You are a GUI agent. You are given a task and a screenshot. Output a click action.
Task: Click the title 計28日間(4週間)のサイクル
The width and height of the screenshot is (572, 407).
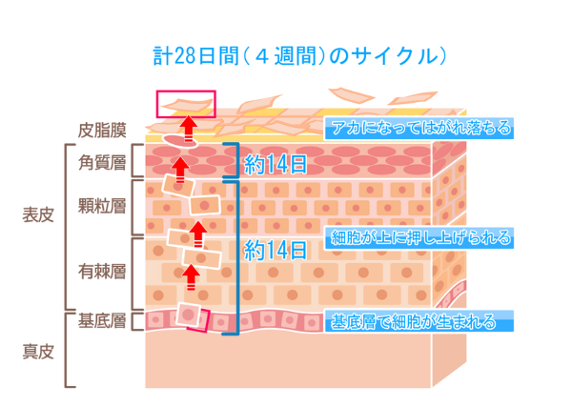(299, 56)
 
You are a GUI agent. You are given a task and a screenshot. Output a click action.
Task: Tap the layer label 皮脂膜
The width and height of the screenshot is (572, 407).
(102, 131)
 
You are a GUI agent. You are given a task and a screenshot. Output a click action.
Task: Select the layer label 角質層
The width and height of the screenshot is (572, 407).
(102, 163)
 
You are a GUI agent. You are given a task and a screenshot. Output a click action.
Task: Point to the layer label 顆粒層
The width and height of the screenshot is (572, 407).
(102, 206)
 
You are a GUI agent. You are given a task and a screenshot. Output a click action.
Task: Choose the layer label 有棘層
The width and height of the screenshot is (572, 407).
(102, 272)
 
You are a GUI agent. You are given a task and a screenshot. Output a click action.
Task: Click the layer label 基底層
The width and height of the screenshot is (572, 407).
(102, 321)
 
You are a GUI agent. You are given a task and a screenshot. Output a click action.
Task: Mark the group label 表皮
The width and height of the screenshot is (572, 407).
(38, 214)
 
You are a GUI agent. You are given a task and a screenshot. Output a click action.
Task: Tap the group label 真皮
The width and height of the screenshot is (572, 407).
(38, 352)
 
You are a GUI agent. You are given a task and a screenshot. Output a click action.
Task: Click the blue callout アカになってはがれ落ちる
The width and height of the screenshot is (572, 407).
(419, 129)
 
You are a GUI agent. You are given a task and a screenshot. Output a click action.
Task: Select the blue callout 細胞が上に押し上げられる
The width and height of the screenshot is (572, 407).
(419, 238)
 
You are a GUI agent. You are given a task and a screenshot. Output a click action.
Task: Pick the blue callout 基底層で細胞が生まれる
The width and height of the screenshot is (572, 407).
(419, 321)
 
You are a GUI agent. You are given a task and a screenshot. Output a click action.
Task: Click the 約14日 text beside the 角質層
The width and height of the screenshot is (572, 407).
(276, 165)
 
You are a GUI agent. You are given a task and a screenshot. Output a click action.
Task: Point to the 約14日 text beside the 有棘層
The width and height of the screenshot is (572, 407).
(276, 251)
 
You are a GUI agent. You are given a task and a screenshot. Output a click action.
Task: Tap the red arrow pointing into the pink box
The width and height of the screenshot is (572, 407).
(188, 129)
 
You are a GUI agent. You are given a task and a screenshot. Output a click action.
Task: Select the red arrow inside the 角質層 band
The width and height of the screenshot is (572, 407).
(180, 170)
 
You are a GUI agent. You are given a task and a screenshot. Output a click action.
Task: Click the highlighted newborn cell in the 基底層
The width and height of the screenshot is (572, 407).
(188, 315)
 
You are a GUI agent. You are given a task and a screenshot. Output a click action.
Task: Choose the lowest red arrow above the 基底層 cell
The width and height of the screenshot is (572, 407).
(192, 277)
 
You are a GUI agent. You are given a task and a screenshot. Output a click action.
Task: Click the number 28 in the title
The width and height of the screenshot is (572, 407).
(184, 57)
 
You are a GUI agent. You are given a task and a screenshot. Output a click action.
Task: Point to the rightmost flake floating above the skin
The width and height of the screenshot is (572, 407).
(412, 98)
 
